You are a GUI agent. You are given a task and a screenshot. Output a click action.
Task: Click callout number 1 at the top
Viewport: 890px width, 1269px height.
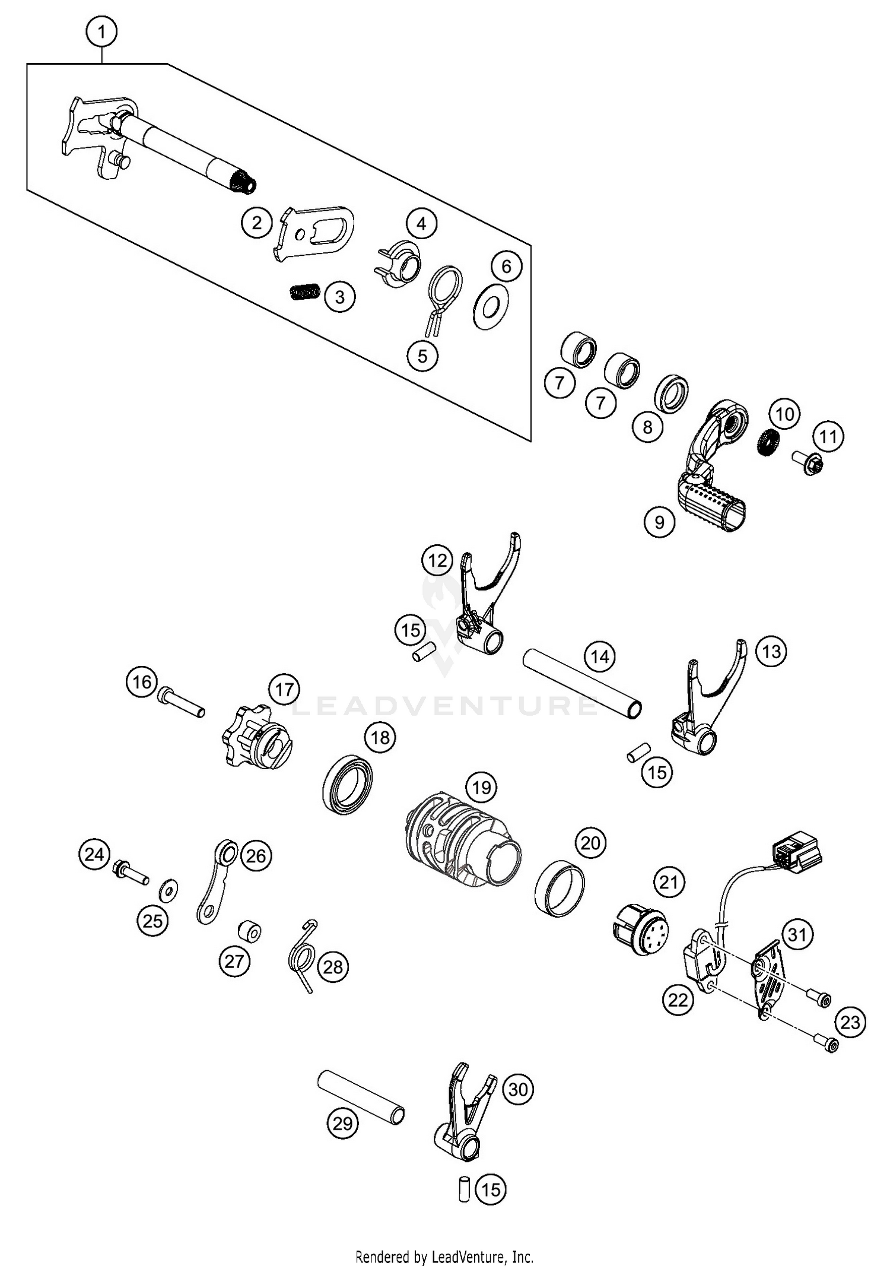pos(101,31)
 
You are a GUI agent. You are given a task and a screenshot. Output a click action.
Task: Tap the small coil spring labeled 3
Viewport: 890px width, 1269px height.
pos(306,293)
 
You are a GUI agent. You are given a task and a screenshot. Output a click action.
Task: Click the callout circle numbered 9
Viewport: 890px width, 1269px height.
pos(659,522)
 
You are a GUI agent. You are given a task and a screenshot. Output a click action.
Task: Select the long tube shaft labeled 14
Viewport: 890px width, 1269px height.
pos(581,684)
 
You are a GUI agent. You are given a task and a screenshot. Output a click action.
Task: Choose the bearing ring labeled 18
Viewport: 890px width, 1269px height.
pos(350,784)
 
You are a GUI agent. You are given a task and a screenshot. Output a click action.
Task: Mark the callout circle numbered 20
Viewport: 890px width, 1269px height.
pos(590,842)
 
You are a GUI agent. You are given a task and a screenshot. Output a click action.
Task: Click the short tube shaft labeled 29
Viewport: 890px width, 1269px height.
pos(361,1097)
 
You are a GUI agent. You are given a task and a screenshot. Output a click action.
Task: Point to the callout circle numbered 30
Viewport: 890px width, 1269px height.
pos(518,1089)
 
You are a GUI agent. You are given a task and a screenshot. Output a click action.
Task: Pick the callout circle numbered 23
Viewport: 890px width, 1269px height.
pos(850,1022)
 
